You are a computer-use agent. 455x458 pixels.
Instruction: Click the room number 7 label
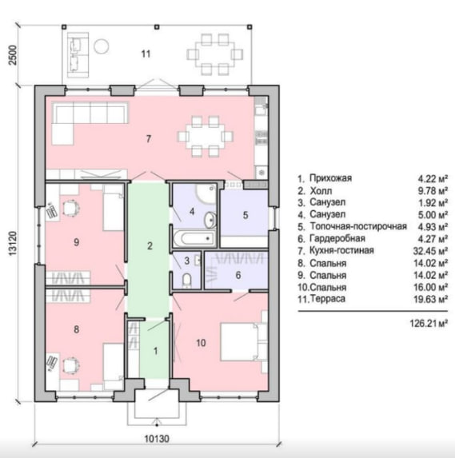(x=149, y=139)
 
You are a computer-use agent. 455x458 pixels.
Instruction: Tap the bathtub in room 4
(x=195, y=239)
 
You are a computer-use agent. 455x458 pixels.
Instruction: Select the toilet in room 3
(x=187, y=280)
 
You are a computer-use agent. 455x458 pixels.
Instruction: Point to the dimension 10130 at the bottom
(x=157, y=439)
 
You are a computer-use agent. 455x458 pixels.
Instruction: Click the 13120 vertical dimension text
(x=13, y=244)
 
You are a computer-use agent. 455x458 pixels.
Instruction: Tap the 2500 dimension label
(x=13, y=55)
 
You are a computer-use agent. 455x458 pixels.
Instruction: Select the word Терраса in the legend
(x=328, y=299)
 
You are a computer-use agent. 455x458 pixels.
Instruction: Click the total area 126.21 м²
(x=429, y=324)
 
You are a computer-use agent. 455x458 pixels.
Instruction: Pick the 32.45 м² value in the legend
(x=430, y=251)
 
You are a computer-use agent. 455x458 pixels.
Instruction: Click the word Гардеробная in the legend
(x=337, y=239)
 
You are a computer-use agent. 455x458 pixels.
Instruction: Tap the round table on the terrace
(x=102, y=46)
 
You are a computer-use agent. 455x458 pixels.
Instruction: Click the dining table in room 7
(x=206, y=136)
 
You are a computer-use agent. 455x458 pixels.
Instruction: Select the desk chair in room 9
(x=71, y=209)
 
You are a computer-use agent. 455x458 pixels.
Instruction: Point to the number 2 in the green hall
(x=150, y=246)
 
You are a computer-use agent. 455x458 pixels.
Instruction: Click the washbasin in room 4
(x=210, y=220)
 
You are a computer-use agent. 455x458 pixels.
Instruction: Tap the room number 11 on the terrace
(x=146, y=54)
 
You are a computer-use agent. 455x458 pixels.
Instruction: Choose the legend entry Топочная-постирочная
(x=358, y=226)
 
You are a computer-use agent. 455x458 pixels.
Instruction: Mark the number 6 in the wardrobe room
(x=238, y=275)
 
